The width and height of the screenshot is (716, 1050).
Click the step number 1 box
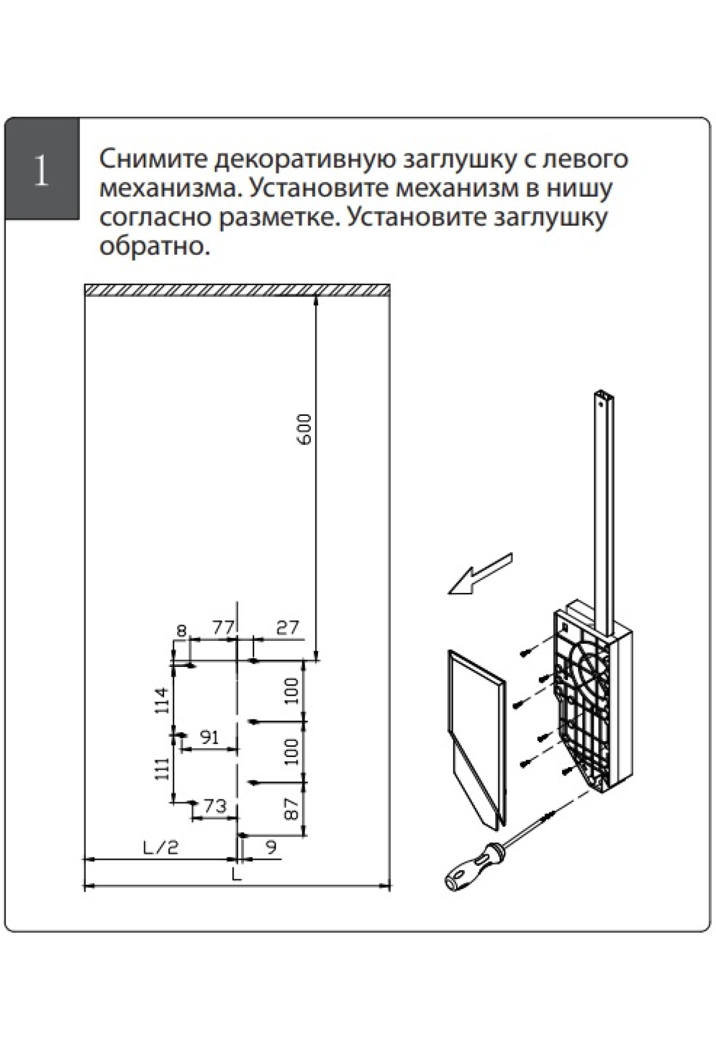(x=41, y=169)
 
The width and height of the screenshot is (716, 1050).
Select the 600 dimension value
(x=304, y=429)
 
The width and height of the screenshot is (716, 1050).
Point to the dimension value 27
(x=287, y=628)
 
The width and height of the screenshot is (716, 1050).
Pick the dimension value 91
(x=209, y=737)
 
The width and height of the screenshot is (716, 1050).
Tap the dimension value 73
(x=215, y=806)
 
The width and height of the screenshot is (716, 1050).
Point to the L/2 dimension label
(x=161, y=848)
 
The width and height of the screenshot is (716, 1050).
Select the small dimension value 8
(x=182, y=630)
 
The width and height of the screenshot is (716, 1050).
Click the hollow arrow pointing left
(x=480, y=574)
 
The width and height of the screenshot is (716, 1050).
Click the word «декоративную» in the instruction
(x=306, y=159)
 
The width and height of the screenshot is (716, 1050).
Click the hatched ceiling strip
(x=237, y=289)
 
